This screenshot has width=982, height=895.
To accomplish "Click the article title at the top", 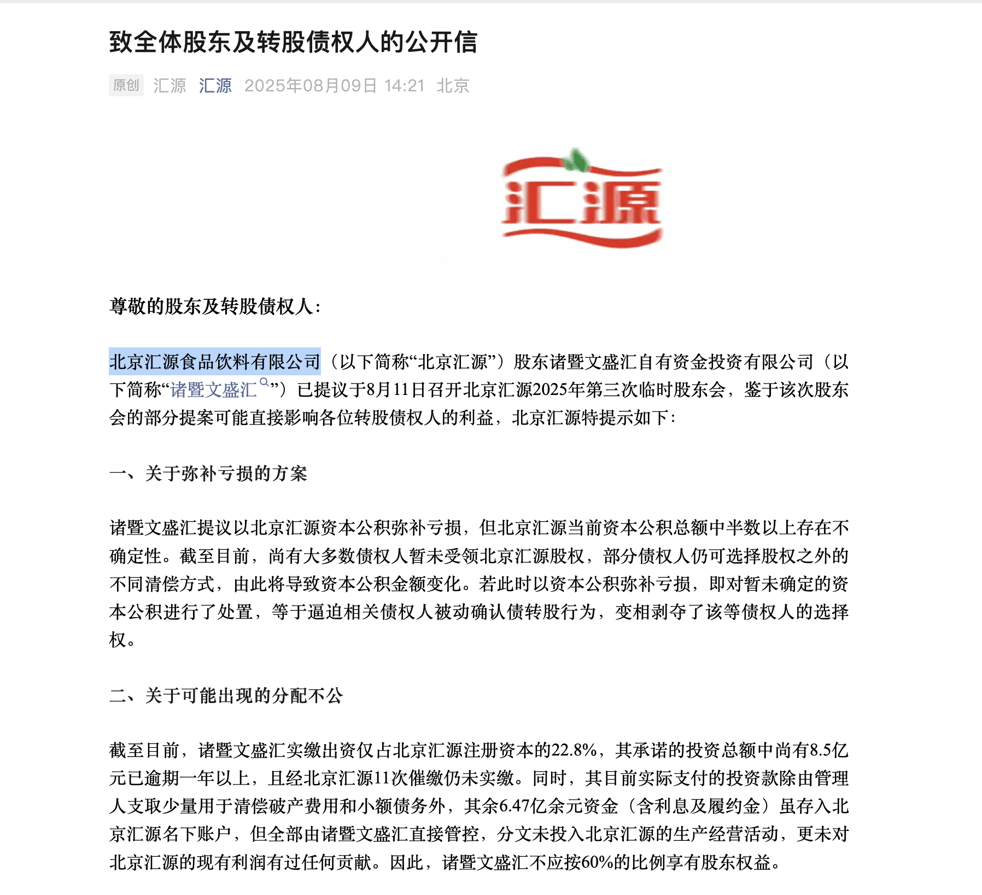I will [293, 43].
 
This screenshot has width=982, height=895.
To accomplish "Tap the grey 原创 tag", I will [126, 85].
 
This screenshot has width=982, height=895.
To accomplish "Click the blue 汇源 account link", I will [215, 86].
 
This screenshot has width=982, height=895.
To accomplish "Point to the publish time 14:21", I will [404, 86].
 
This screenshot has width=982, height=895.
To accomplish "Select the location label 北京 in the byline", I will [453, 86].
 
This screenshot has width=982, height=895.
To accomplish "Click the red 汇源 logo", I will [581, 202].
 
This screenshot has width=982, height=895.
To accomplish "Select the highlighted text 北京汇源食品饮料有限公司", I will [214, 362].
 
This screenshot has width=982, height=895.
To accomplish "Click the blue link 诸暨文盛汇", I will [213, 390].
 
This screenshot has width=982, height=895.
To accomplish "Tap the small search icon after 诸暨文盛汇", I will [264, 382].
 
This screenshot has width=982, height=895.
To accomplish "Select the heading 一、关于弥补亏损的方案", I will [208, 474].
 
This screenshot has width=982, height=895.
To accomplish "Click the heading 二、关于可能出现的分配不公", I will [226, 696].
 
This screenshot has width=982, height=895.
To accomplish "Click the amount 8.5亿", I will [828, 750].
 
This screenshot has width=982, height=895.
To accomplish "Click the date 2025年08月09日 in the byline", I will [311, 86].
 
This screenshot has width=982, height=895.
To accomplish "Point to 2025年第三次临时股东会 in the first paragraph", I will [628, 390].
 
